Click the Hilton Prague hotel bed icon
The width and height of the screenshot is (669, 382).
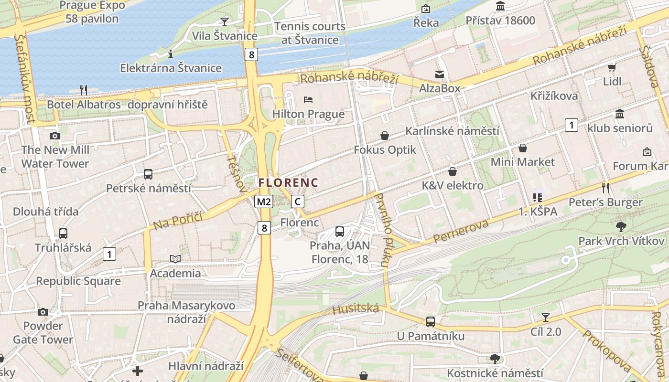(x=308, y=100)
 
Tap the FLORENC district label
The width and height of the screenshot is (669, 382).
(x=288, y=182)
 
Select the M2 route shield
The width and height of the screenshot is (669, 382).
(x=263, y=202)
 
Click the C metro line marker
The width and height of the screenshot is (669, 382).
(x=298, y=202)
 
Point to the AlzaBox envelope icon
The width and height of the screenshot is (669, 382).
(x=439, y=74)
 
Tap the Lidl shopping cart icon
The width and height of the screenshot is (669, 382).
(x=612, y=67)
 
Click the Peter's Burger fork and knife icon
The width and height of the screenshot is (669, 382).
(x=605, y=188)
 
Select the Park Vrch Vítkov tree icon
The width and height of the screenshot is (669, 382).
(x=621, y=226)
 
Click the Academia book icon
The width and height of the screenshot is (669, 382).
(x=175, y=259)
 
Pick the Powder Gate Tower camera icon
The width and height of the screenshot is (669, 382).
(x=43, y=312)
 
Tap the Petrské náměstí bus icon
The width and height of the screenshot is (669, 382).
(x=148, y=174)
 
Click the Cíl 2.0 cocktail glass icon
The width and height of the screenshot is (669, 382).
(x=545, y=317)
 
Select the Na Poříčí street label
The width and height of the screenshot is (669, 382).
(x=178, y=221)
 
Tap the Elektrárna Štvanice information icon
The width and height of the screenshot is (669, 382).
(x=171, y=54)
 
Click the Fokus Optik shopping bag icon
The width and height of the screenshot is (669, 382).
(x=385, y=136)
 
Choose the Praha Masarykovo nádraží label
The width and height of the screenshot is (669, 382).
(x=186, y=312)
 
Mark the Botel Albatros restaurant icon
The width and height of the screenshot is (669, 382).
(x=83, y=90)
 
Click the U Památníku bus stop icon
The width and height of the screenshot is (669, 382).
(x=431, y=322)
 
